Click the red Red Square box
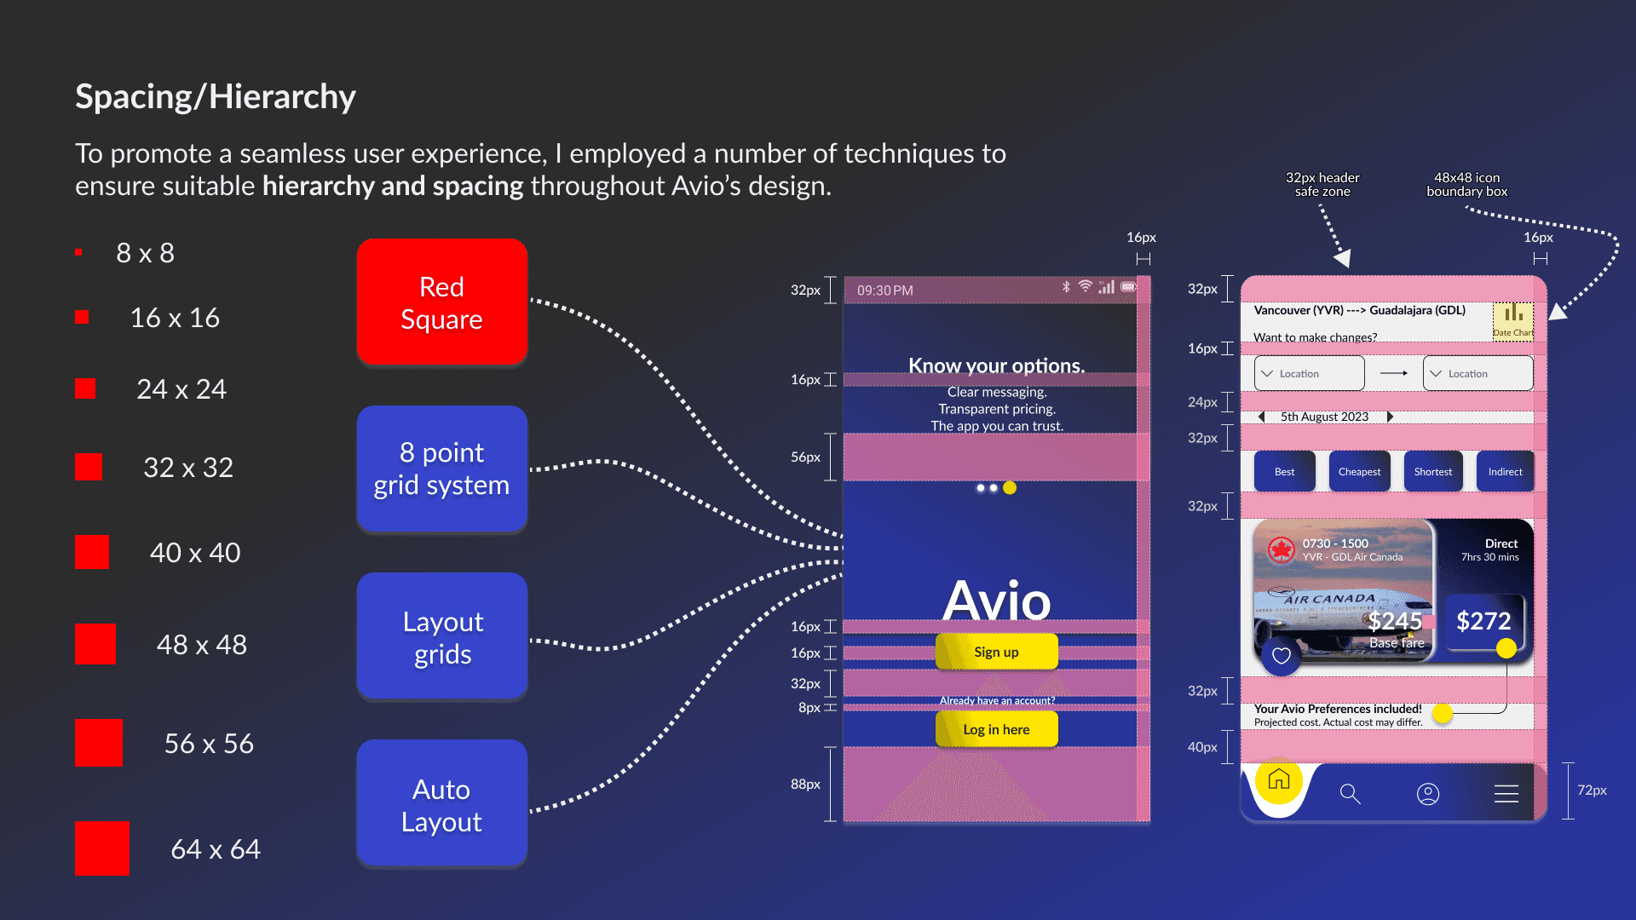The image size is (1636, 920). coord(441,302)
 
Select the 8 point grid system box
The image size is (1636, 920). coord(441,469)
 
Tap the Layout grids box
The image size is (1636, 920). coord(441,636)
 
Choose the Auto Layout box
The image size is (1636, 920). coord(441,804)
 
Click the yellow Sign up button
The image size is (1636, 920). coord(996,652)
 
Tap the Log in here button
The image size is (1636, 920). coord(996,729)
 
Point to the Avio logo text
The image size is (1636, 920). coord(996,600)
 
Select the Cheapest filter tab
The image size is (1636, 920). coord(1359,471)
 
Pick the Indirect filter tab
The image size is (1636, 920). coord(1505,471)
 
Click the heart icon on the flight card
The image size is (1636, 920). coord(1281,655)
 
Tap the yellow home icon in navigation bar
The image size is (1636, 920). coord(1278,779)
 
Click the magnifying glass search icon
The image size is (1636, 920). coord(1350,794)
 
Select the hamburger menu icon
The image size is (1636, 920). coord(1506,794)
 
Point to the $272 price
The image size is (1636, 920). coord(1483,621)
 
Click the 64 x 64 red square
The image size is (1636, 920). coord(102,848)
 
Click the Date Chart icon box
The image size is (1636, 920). coord(1512,321)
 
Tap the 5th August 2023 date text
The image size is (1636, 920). coord(1324,417)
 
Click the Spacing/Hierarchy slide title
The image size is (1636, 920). coord(216,96)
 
